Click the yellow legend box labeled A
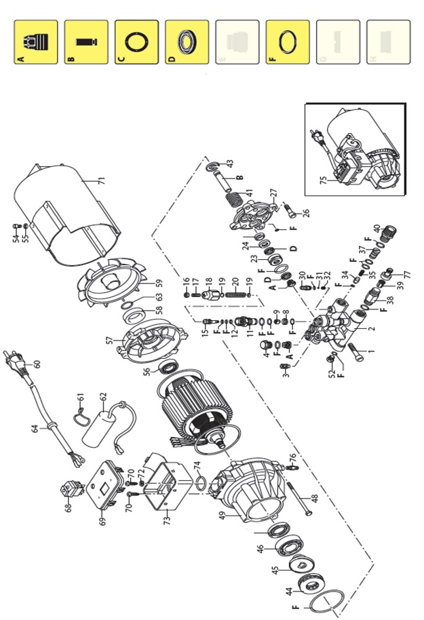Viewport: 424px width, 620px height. (x=37, y=42)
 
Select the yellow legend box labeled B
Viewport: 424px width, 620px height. (x=87, y=42)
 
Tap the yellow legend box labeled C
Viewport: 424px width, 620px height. (x=137, y=42)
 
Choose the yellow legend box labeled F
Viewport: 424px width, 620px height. (x=288, y=42)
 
